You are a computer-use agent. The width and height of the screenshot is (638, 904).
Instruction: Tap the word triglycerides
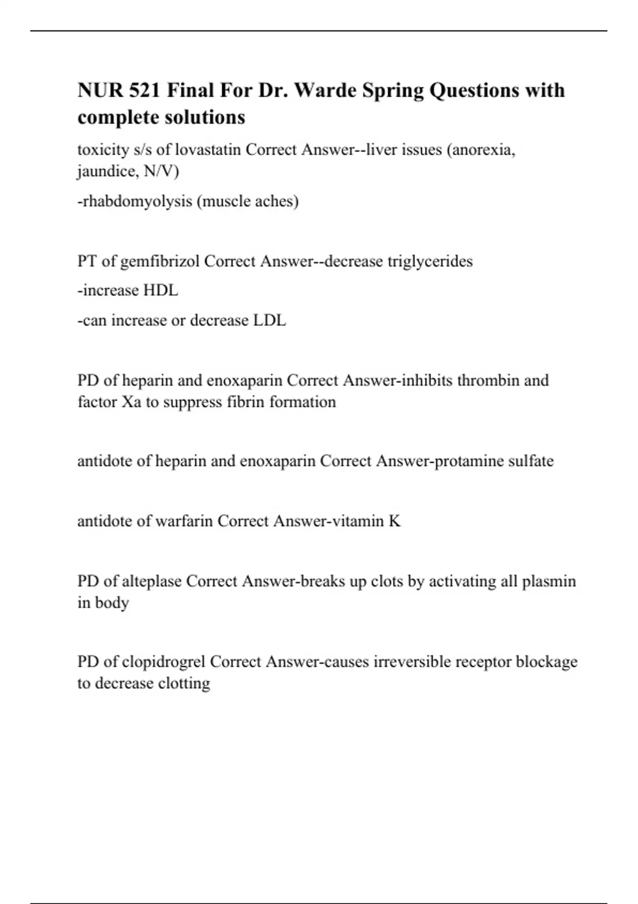[x=430, y=261]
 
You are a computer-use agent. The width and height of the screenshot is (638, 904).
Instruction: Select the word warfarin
[x=183, y=521]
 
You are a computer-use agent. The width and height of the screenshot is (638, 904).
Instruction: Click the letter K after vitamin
[x=394, y=521]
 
